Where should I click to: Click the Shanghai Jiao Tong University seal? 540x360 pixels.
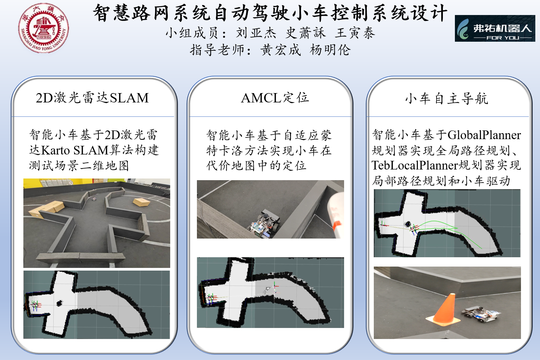[44, 28]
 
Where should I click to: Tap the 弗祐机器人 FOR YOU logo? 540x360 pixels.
[495, 28]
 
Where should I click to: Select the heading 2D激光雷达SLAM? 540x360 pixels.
[92, 98]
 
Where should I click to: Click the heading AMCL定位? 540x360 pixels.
[275, 98]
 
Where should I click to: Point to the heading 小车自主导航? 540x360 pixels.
[447, 98]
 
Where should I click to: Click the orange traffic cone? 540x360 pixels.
[444, 309]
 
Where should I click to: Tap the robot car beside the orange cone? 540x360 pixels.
[481, 314]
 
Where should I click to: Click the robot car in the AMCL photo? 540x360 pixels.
[264, 224]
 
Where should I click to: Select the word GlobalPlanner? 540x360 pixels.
[484, 135]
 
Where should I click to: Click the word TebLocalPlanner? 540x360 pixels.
[415, 165]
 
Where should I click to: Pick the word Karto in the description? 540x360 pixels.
[56, 150]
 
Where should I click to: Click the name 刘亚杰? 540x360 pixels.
[256, 33]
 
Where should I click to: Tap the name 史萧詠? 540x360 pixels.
[305, 33]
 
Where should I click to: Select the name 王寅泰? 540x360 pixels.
[355, 33]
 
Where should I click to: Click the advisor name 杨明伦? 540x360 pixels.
[330, 50]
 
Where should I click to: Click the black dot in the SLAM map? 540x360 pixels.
[59, 303]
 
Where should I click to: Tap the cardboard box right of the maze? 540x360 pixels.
[142, 202]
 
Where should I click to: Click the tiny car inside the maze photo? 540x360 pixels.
[94, 199]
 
